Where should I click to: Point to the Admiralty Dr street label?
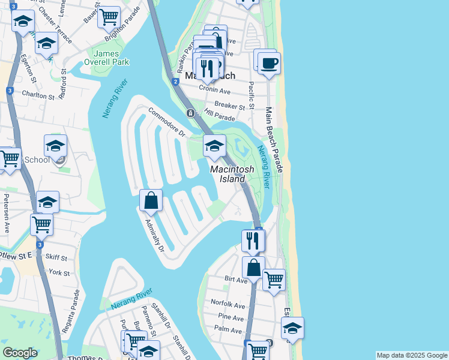tap(154, 235)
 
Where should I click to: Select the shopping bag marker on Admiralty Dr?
tap(151, 200)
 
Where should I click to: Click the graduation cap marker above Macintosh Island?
tap(214, 145)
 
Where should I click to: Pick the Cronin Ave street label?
tap(216, 91)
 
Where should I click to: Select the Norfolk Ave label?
tap(228, 304)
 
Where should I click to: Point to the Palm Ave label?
tap(228, 329)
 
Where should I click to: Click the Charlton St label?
tap(38, 95)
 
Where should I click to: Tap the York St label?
tap(59, 272)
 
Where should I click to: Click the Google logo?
tap(20, 353)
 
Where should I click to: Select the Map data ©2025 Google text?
tap(411, 355)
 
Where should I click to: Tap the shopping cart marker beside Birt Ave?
tap(274, 279)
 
